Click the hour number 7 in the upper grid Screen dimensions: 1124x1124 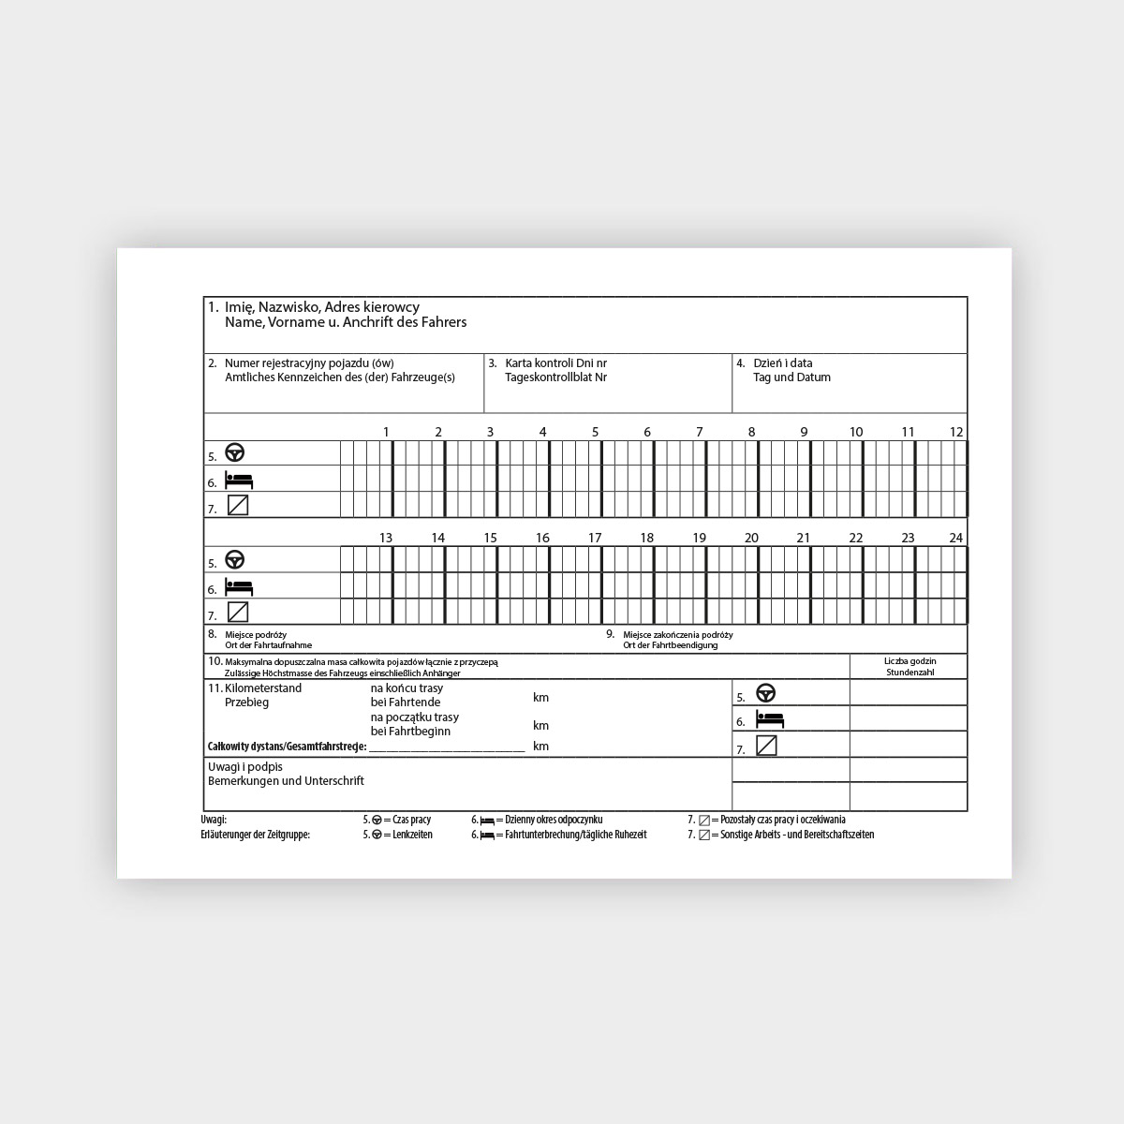(x=699, y=432)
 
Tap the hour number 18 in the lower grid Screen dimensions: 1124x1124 (x=646, y=538)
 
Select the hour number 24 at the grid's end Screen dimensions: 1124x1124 (x=955, y=538)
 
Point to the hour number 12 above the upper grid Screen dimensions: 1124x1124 (x=955, y=432)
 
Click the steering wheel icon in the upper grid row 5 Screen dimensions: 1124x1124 (x=234, y=453)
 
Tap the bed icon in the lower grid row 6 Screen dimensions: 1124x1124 (x=239, y=587)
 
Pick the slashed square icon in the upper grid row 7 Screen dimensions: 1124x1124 (x=238, y=505)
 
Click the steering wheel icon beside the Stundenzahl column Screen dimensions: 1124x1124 (x=766, y=693)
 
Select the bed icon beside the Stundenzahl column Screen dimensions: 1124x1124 (x=769, y=719)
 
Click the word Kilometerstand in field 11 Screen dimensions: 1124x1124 (x=263, y=688)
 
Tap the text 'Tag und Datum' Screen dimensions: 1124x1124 (x=791, y=377)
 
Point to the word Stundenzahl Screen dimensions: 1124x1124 (x=910, y=672)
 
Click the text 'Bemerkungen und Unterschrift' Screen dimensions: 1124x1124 (x=286, y=780)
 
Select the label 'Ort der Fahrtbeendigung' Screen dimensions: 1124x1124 (x=671, y=645)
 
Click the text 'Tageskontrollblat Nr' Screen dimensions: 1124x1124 (x=555, y=377)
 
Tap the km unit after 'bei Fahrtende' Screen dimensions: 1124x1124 (x=540, y=698)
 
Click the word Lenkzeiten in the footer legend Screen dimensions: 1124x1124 (x=412, y=835)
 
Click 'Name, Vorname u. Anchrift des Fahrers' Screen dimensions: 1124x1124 (x=346, y=322)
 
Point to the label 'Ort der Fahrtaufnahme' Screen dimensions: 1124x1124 (x=269, y=645)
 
